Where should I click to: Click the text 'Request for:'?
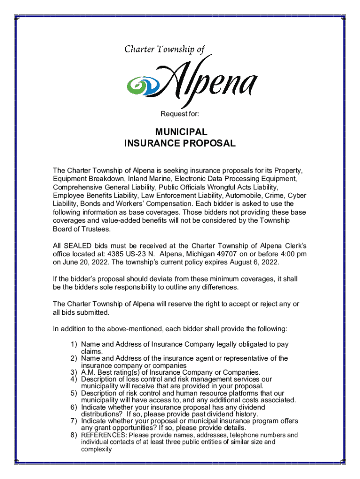[x=180, y=113]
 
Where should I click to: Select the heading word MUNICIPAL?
[x=180, y=132]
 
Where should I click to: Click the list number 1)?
[x=74, y=344]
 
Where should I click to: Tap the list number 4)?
[x=74, y=379]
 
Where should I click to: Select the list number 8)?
[x=74, y=435]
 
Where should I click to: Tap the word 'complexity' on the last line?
[x=96, y=449]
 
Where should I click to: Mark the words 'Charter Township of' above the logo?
[x=165, y=49]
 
